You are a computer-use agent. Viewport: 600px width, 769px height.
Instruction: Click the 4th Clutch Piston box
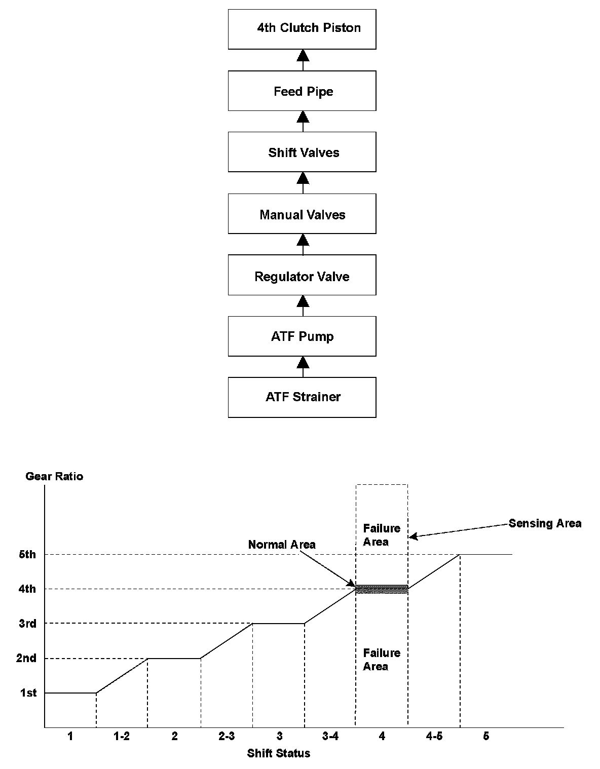pyautogui.click(x=302, y=29)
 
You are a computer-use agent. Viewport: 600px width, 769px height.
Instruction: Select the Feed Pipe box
pyautogui.click(x=302, y=91)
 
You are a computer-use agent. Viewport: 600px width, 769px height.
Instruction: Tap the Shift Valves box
pyautogui.click(x=302, y=152)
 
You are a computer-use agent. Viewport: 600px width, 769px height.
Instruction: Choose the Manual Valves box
pyautogui.click(x=302, y=214)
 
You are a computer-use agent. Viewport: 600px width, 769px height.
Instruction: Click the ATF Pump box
pyautogui.click(x=302, y=336)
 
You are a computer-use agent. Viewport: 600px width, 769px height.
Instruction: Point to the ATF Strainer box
pyautogui.click(x=302, y=397)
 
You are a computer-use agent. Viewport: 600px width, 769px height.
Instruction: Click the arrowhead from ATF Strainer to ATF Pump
pyautogui.click(x=303, y=362)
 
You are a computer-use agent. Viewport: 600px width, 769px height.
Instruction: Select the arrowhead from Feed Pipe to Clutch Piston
pyautogui.click(x=303, y=55)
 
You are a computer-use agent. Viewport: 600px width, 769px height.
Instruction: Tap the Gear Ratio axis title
pyautogui.click(x=54, y=476)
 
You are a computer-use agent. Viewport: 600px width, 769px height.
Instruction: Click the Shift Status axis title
pyautogui.click(x=279, y=753)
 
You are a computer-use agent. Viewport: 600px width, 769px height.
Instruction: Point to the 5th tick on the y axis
pyautogui.click(x=27, y=554)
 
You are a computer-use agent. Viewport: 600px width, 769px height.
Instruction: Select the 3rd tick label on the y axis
pyautogui.click(x=27, y=624)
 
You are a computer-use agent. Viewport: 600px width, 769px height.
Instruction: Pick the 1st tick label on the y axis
pyautogui.click(x=28, y=693)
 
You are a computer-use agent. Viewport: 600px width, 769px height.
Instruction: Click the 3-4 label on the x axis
pyautogui.click(x=330, y=736)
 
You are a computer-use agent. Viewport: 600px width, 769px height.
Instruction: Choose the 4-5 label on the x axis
pyautogui.click(x=434, y=736)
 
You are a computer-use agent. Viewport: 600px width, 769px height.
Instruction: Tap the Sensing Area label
pyautogui.click(x=545, y=523)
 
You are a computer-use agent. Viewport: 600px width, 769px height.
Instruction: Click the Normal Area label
pyautogui.click(x=282, y=545)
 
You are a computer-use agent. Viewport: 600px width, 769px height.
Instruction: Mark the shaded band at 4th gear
pyautogui.click(x=382, y=589)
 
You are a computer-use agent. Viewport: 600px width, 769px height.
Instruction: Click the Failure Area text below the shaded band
pyautogui.click(x=382, y=660)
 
